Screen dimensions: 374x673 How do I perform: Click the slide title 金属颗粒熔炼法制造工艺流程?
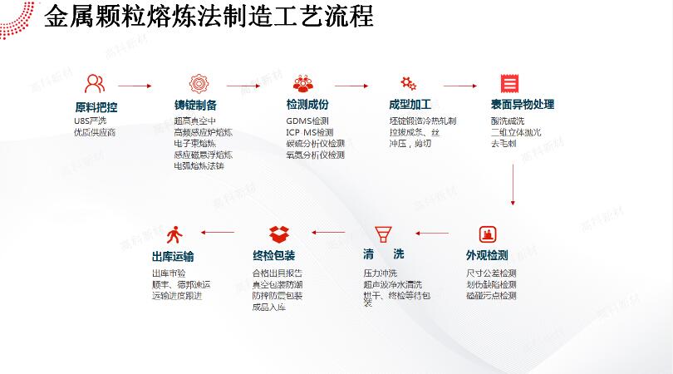209,16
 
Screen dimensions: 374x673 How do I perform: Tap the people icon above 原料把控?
95,84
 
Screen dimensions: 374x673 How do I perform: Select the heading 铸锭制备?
195,105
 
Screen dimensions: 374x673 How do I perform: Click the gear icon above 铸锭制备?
198,84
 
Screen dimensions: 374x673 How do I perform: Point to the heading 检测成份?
307,105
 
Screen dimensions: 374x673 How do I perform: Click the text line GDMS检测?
307,121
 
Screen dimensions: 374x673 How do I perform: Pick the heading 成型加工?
410,105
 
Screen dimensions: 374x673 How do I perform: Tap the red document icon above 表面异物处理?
509,84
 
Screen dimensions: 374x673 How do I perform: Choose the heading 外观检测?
487,255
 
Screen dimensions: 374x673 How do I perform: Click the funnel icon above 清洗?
383,234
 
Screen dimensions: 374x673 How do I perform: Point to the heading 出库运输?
173,257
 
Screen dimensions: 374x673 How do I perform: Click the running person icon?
174,234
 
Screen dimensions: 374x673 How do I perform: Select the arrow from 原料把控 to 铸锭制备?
135,86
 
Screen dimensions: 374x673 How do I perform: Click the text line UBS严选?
91,121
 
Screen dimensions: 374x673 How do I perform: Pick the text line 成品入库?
269,307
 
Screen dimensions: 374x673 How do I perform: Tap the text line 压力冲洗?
381,273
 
